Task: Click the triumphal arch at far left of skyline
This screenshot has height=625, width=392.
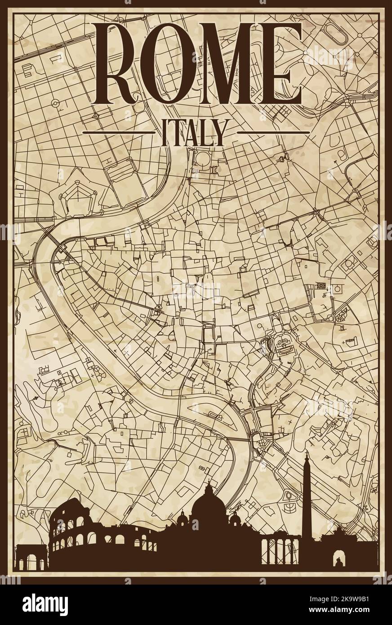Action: [31, 558]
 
